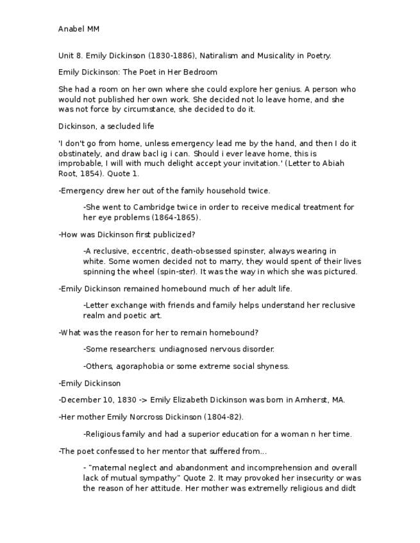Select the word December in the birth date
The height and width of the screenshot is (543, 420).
coord(80,400)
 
